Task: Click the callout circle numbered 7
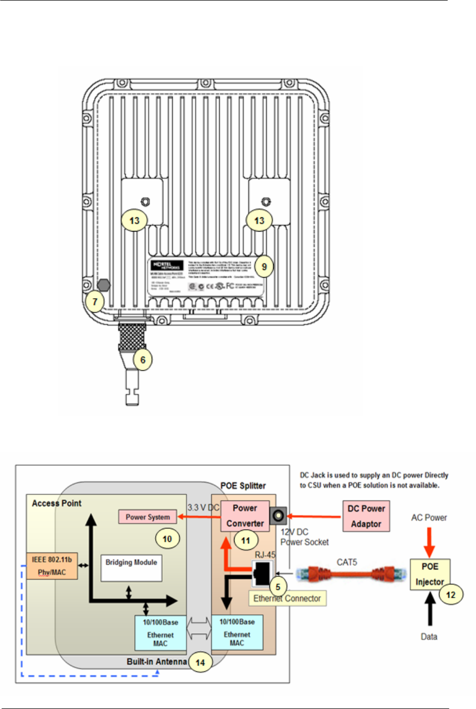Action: (x=95, y=302)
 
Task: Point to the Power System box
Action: (x=148, y=517)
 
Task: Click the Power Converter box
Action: (x=245, y=515)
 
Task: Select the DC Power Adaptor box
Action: (x=366, y=516)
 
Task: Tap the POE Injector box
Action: (x=430, y=574)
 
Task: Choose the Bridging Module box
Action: (x=131, y=568)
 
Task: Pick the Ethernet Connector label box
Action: (x=287, y=598)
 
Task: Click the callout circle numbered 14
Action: (x=201, y=661)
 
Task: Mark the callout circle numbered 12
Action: (x=451, y=594)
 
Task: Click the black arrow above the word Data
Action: (x=430, y=610)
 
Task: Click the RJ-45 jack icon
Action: (x=262, y=573)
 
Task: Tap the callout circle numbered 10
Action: (x=167, y=539)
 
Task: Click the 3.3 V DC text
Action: (x=203, y=508)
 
